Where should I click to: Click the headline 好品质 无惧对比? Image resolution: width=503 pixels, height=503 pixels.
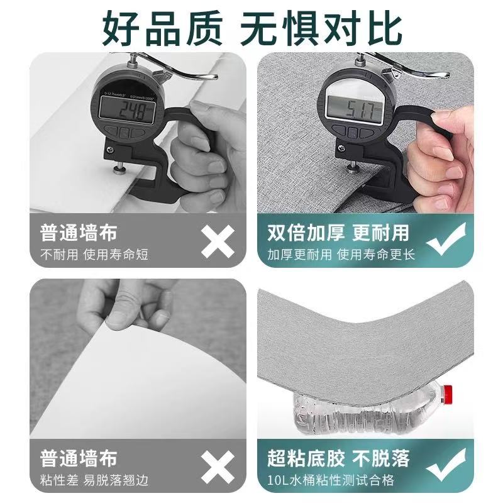coord(252,28)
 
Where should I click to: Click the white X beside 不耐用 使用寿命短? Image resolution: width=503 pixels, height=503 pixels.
coord(218,241)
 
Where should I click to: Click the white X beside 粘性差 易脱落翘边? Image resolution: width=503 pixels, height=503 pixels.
coord(218,467)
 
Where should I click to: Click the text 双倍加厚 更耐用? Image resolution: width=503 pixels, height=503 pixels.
coord(338,233)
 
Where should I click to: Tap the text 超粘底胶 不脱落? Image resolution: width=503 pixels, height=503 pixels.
coord(338,458)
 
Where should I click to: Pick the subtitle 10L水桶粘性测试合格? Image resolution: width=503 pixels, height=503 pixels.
coord(331,480)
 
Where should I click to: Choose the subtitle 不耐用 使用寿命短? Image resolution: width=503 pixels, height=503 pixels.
coord(94,255)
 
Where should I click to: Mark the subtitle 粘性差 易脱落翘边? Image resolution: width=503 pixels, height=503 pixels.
coord(94,480)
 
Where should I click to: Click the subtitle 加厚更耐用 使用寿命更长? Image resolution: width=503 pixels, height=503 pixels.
coord(341,255)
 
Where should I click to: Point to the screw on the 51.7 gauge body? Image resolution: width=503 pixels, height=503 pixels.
coord(341,148)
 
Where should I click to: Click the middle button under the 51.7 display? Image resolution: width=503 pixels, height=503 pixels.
coord(353,132)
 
